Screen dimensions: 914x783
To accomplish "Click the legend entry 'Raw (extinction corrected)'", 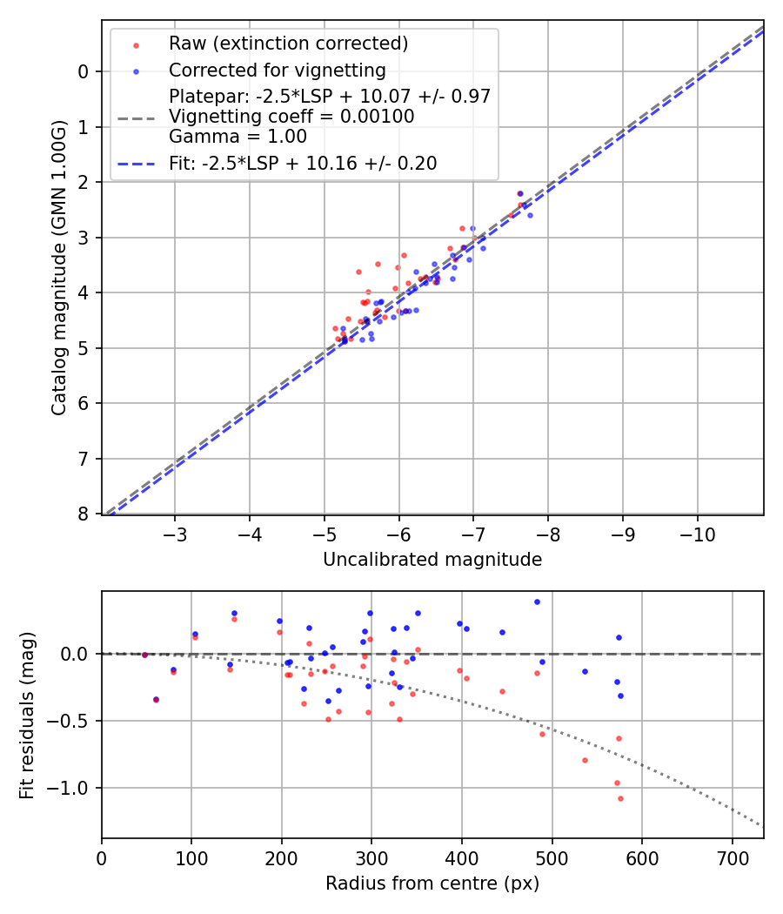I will (288, 44).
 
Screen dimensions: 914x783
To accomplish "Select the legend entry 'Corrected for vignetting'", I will (277, 70).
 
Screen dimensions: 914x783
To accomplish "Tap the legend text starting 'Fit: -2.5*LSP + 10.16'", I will (303, 163).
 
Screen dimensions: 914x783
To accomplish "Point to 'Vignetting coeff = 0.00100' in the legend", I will (291, 116).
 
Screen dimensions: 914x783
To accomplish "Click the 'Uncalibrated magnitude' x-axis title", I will (432, 560).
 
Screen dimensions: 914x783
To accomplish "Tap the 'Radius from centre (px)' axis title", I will (432, 884).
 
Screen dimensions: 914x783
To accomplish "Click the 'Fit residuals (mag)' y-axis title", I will (27, 715).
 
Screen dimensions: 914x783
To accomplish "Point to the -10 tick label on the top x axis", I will (697, 533).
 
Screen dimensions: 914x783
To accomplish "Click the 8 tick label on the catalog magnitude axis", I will (84, 514).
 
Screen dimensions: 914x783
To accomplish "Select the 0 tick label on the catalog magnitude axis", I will (84, 71).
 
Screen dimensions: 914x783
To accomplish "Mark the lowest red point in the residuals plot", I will (620, 798).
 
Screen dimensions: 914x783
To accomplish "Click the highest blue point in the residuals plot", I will (537, 601).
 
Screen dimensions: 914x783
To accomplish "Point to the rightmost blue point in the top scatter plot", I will (530, 215).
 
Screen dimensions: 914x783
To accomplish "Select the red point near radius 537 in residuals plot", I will (585, 760).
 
